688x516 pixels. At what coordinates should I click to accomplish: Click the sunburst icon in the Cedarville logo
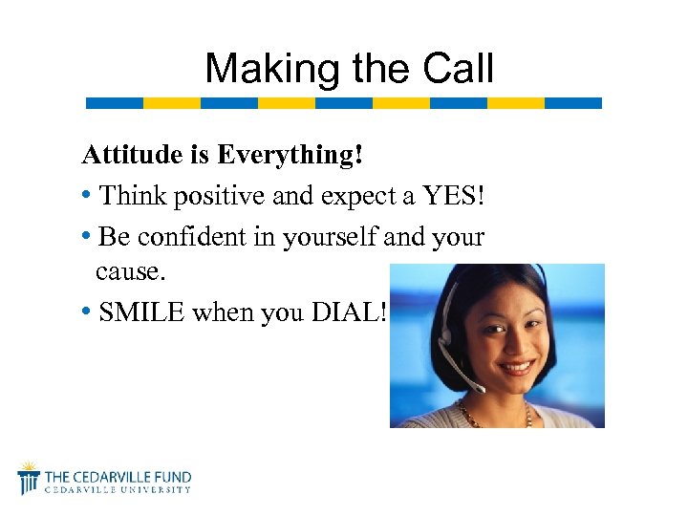[x=29, y=475]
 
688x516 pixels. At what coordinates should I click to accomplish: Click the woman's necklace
[x=497, y=415]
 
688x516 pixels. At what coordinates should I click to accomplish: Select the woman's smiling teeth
[x=517, y=367]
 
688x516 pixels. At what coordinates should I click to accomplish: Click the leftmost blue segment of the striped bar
[x=114, y=102]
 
